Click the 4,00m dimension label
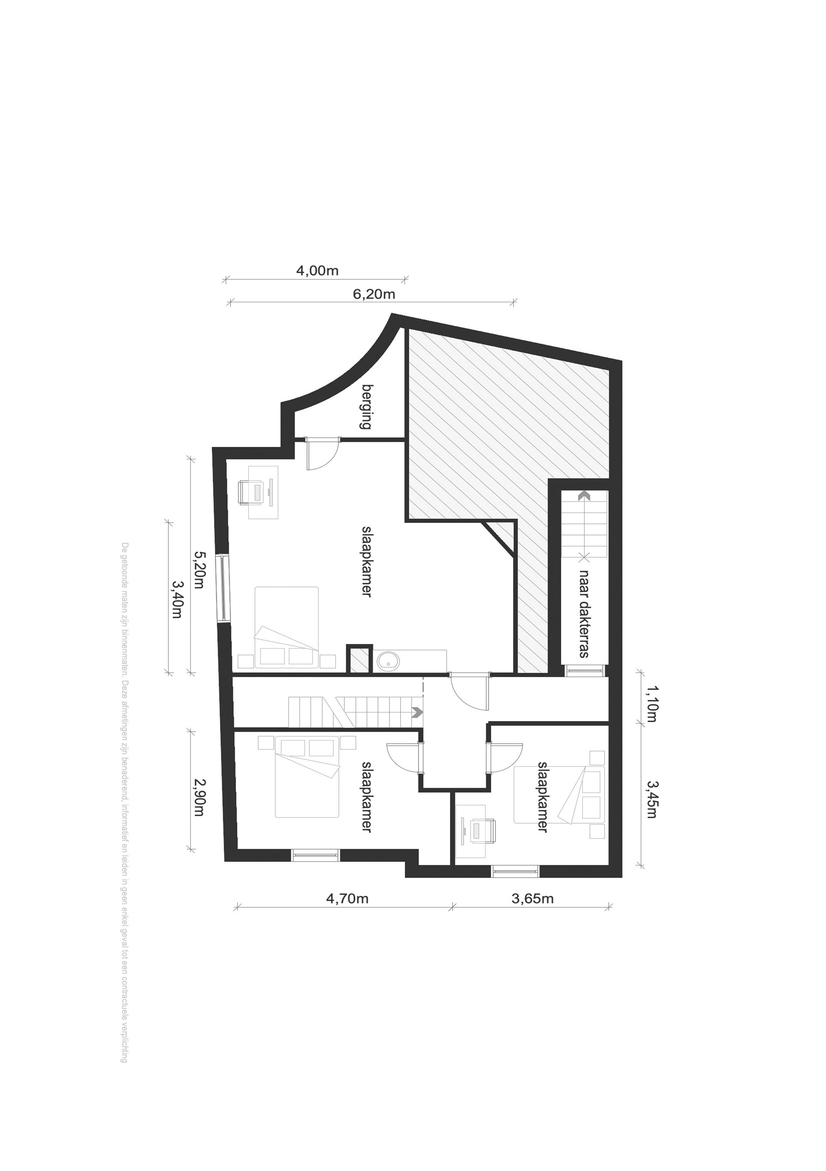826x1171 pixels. point(317,270)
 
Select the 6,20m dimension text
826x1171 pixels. point(374,294)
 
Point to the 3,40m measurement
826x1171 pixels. point(176,600)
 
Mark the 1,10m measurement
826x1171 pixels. point(651,704)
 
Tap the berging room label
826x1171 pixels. point(366,406)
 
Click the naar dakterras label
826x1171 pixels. point(584,614)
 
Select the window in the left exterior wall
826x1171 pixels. point(223,588)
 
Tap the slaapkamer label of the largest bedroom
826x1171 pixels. point(366,561)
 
